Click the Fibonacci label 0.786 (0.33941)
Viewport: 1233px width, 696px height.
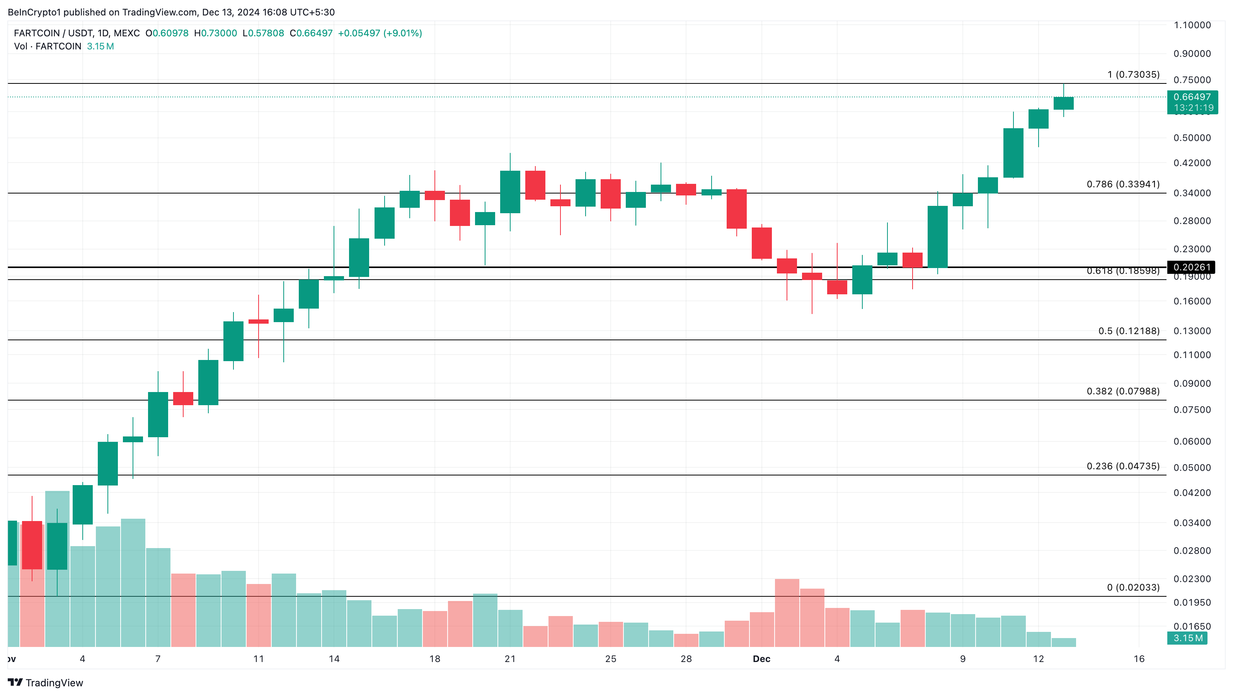[1122, 184]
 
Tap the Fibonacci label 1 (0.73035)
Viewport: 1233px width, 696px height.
[1133, 75]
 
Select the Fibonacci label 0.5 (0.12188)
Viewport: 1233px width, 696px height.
[1129, 331]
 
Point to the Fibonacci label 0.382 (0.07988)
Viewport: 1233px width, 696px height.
[1122, 391]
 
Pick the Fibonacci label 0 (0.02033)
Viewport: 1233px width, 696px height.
[1133, 587]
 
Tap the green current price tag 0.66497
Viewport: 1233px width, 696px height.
[1192, 97]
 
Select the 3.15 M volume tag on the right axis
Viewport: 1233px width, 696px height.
[1187, 638]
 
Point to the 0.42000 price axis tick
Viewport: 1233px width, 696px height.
[1192, 163]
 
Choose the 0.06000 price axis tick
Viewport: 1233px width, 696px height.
[1192, 441]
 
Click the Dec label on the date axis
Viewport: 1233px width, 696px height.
[761, 659]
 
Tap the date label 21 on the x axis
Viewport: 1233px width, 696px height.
[510, 659]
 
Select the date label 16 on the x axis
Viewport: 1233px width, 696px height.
[1139, 659]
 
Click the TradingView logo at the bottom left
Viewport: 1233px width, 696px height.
[46, 682]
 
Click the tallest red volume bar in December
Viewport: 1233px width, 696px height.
[787, 612]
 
